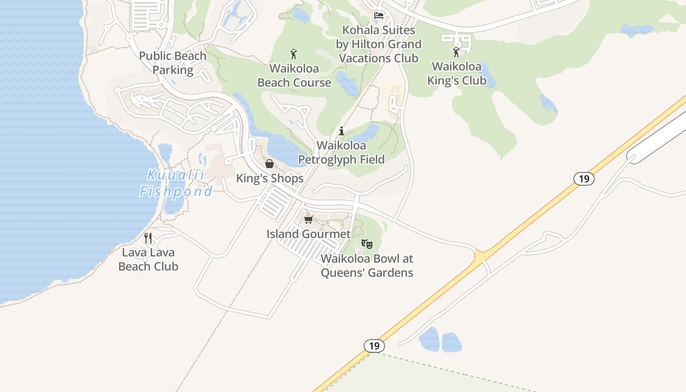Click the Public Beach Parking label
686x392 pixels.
coord(172,63)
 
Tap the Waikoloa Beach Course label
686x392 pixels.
coord(294,75)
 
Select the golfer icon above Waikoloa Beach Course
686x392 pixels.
coord(294,54)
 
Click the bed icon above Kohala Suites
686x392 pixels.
coord(379,16)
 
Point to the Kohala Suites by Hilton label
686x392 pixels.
coord(378,44)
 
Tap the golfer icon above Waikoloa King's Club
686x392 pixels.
coord(456,51)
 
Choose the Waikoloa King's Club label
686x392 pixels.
coord(457,73)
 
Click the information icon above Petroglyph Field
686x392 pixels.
coord(342,131)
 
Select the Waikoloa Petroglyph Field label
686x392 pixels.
coord(342,152)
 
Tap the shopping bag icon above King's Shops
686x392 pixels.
coord(269,164)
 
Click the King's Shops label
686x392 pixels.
coord(270,178)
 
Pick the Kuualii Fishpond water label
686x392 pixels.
coord(176,183)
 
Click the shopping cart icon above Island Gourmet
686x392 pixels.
coord(308,220)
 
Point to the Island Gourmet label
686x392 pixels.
coord(309,234)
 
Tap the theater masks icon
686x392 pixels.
coord(367,244)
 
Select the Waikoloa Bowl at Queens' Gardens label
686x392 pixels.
coord(367,266)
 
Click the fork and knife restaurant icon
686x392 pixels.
coord(148,238)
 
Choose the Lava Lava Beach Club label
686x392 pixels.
coord(148,260)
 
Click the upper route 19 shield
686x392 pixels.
coord(584,179)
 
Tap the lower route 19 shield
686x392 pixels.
coord(374,346)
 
